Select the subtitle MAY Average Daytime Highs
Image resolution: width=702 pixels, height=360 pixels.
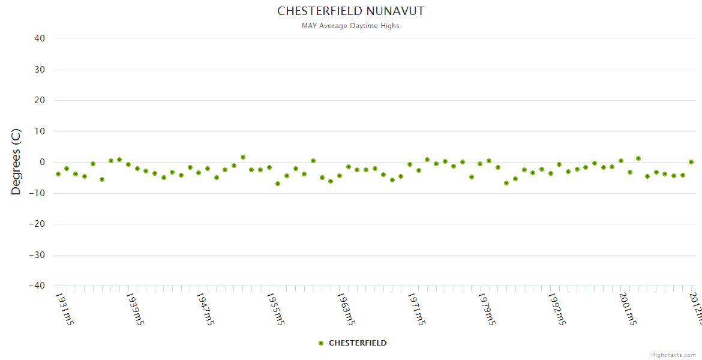(350, 26)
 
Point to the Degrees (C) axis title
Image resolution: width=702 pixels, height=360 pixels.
(16, 162)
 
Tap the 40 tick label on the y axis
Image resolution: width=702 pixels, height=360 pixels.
(40, 38)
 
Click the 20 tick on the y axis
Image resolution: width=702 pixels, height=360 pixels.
(40, 100)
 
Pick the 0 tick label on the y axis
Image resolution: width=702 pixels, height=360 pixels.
(43, 162)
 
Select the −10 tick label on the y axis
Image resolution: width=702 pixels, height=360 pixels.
(37, 193)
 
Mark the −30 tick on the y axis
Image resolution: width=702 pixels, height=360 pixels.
(37, 255)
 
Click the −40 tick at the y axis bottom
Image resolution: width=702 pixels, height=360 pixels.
(37, 286)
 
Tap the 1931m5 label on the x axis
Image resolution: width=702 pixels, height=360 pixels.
(65, 309)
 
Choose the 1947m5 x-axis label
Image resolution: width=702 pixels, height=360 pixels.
(206, 309)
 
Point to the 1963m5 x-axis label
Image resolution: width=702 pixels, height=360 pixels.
(346, 309)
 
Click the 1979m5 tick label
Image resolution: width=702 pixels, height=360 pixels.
(487, 309)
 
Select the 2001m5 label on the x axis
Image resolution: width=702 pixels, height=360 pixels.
(628, 309)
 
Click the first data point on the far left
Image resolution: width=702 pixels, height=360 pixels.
(58, 174)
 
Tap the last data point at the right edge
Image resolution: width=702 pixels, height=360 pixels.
(691, 162)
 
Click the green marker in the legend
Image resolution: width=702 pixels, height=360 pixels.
(321, 343)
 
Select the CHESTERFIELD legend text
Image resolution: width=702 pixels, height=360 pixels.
(358, 343)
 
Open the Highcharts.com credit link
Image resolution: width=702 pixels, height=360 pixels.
(673, 355)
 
